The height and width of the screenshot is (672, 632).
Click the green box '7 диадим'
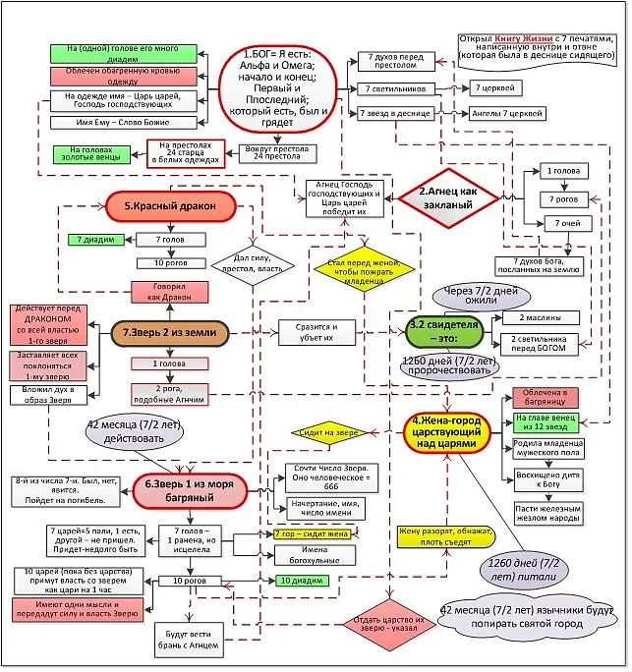click(x=94, y=239)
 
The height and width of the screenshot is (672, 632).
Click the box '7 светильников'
click(x=390, y=88)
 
